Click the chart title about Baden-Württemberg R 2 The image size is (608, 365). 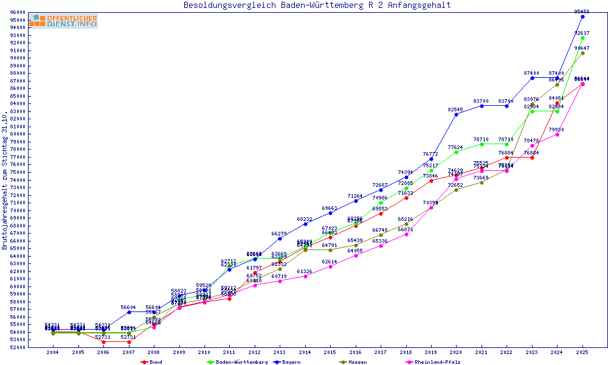pos(317,5)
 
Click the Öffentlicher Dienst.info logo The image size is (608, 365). pos(63,21)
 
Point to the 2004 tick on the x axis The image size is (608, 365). pos(53,352)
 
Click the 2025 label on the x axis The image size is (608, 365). pos(582,352)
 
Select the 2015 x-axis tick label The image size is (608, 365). pos(330,352)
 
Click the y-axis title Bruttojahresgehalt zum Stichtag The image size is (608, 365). pos(5,180)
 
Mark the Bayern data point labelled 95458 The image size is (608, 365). pos(582,16)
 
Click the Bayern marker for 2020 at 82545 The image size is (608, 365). pos(456,114)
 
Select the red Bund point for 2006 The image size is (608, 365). pos(103,342)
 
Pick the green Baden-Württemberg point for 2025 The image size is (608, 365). pos(582,38)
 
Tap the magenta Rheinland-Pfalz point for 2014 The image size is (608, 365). pos(305,276)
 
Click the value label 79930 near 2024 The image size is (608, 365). pos(557,130)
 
